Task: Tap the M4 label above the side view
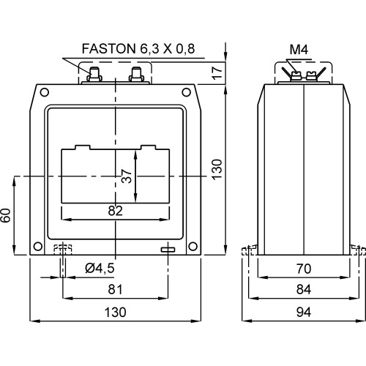coord(299,50)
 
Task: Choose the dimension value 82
coord(114,210)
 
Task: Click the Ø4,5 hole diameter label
coord(100,268)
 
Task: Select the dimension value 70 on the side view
coord(303,268)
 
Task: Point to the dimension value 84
coord(303,289)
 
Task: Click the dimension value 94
coord(303,311)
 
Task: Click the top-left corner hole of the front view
coord(44,93)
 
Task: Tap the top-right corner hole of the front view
coord(188,93)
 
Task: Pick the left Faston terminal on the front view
coord(94,74)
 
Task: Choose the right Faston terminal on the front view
coord(136,74)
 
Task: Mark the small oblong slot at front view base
coord(168,251)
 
